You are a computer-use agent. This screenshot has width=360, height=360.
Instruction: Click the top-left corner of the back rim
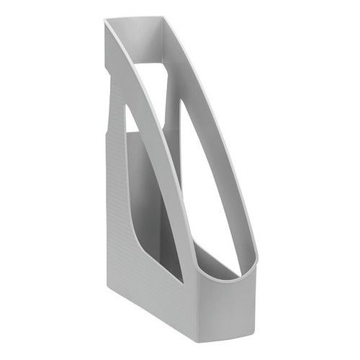click(x=105, y=21)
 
